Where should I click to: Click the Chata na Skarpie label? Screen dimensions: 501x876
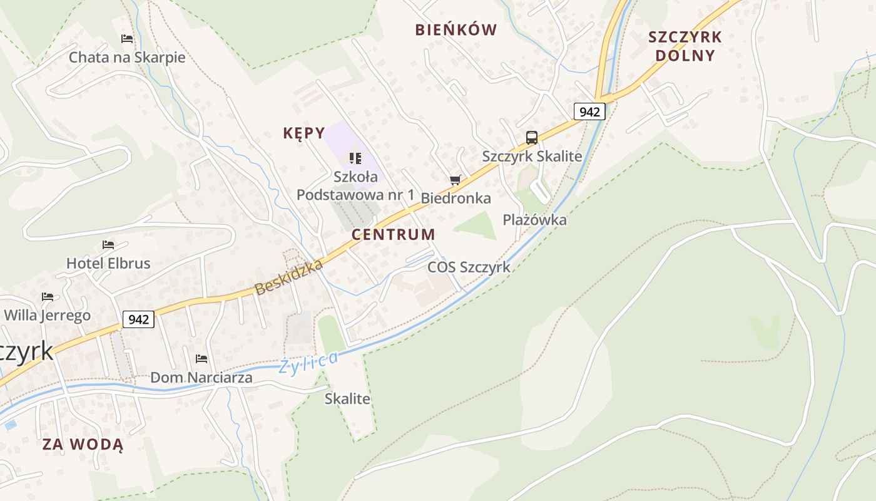coord(127,58)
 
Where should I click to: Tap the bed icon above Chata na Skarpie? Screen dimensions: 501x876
coord(127,39)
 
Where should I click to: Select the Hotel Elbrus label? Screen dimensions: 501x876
coord(108,263)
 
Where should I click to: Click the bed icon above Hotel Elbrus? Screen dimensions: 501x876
coord(108,244)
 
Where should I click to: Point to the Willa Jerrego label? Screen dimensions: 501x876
coord(48,315)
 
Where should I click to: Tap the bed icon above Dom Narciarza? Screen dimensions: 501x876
coord(201,359)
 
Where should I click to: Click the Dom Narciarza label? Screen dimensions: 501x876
coord(201,378)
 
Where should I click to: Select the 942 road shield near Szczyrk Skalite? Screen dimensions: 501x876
coord(589,112)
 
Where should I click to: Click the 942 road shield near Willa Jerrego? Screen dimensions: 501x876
coord(138,319)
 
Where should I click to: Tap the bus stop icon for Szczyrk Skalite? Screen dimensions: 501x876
coord(532,138)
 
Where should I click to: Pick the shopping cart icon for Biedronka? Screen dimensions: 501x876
coord(456,180)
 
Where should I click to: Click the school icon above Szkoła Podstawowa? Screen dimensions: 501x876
coord(355,158)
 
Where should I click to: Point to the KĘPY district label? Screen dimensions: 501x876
coord(304,133)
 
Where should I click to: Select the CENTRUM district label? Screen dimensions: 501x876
coord(394,235)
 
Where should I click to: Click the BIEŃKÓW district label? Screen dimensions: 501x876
coord(456,29)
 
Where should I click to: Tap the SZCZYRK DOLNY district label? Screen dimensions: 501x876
coord(685,46)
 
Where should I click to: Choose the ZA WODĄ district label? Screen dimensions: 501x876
coord(83,445)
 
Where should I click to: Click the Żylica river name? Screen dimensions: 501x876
coord(309,363)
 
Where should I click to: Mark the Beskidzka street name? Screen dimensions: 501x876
coord(289,277)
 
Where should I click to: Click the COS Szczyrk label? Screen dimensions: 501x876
coord(469,267)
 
